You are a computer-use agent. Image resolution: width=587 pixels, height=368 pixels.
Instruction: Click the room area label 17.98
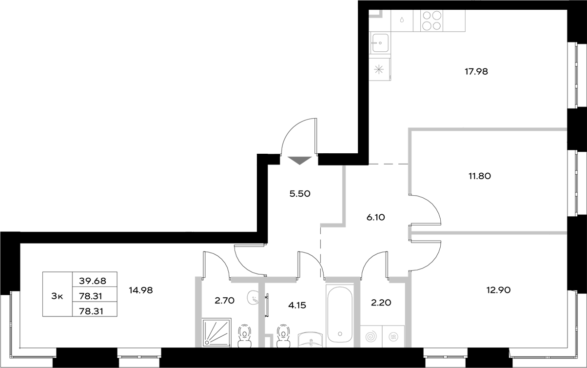[476, 71]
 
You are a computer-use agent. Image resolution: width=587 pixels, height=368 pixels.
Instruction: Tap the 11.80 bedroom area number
[479, 176]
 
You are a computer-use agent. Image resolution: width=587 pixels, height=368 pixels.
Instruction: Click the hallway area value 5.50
[300, 193]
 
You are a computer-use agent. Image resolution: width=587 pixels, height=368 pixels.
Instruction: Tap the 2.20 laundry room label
[381, 303]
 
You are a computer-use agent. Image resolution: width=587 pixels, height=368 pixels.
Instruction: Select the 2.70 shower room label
[224, 301]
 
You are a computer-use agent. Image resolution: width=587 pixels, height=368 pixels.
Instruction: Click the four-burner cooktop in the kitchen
[431, 21]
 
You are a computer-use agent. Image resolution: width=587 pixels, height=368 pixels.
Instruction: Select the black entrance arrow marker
[299, 160]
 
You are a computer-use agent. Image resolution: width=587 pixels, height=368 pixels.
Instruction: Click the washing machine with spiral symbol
[372, 336]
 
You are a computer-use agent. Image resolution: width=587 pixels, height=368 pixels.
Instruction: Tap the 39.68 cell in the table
[95, 280]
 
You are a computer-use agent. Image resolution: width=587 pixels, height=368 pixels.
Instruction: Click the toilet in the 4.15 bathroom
[282, 336]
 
